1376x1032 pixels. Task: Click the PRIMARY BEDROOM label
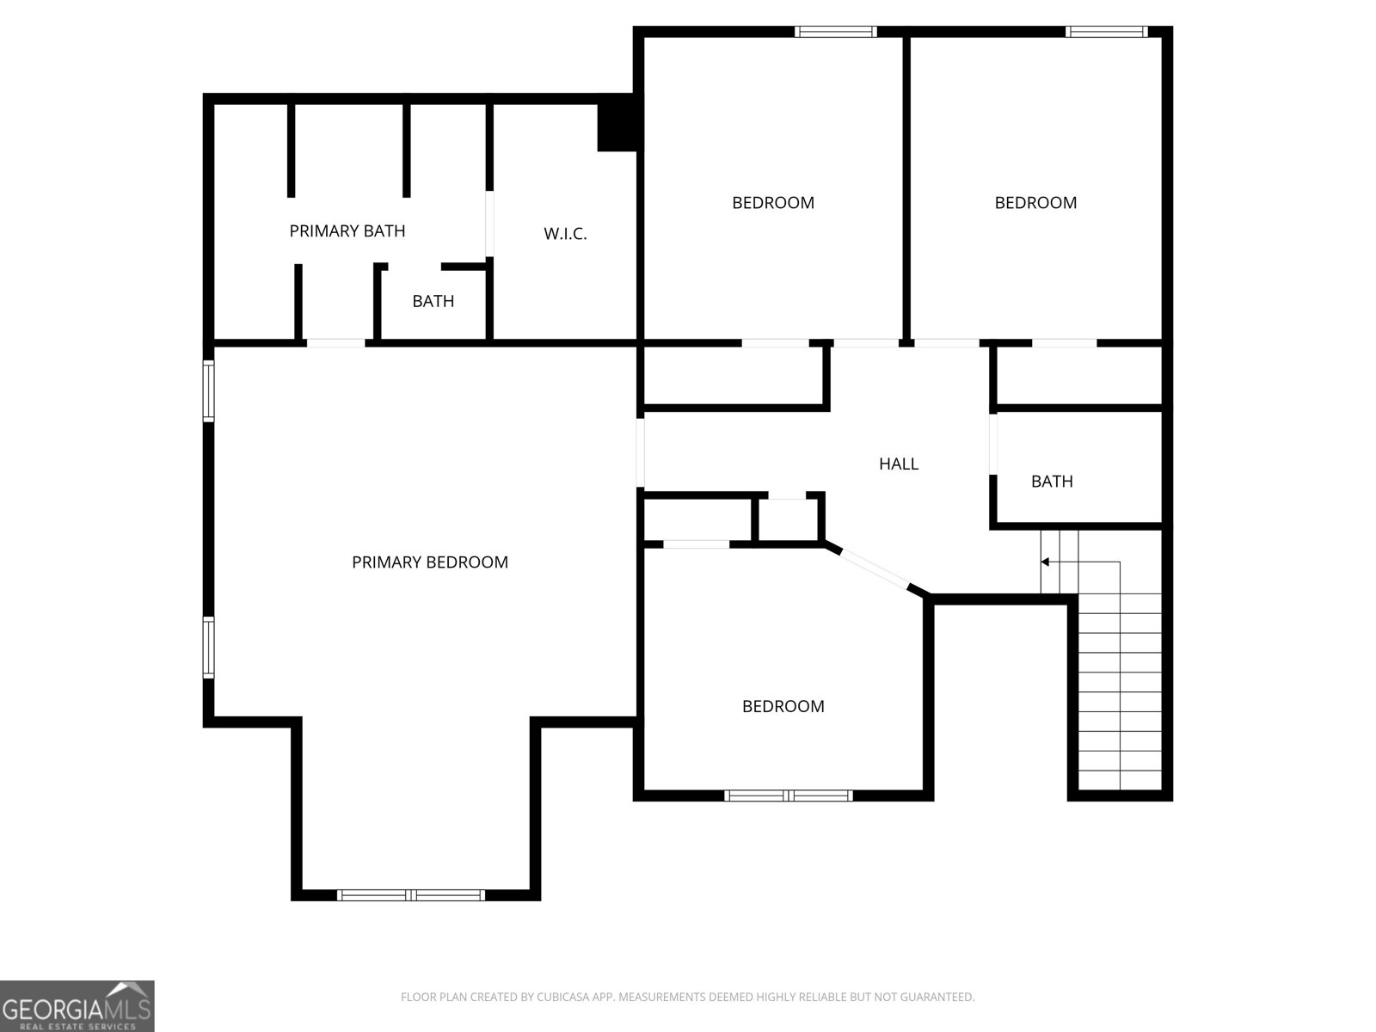pos(429,562)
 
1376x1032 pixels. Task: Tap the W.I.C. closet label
pos(565,234)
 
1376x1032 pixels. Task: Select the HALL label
pos(899,464)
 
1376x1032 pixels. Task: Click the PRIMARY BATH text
pos(347,231)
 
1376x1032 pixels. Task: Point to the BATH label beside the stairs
pos(1052,482)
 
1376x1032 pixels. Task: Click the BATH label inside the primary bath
pos(433,302)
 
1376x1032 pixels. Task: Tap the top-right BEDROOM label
pos(1035,203)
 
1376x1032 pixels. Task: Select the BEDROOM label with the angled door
pos(783,707)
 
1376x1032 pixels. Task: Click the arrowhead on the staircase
pos(1045,562)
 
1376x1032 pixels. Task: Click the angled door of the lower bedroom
pos(875,568)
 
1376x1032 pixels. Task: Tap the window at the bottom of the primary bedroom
pos(411,895)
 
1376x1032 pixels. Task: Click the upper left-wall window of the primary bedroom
pos(208,390)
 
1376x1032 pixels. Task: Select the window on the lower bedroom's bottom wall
pos(789,795)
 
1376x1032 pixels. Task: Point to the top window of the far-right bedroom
pos(1106,32)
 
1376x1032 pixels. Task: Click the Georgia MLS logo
pos(77,1006)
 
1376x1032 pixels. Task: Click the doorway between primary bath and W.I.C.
pos(490,224)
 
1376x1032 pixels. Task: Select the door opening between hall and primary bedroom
pos(641,452)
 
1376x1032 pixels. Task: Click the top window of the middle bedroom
pos(835,32)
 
